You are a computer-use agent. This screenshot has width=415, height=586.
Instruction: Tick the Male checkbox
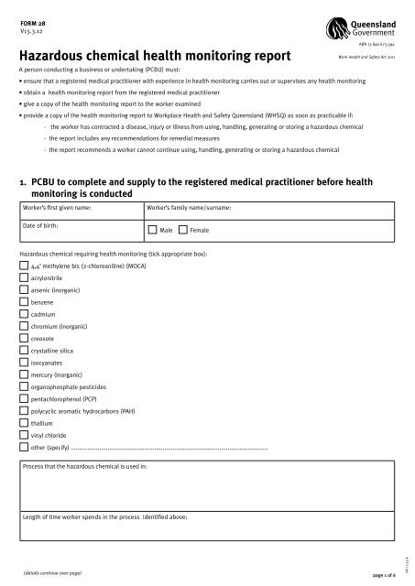coord(152,229)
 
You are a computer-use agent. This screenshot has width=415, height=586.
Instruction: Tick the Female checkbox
coord(182,229)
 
